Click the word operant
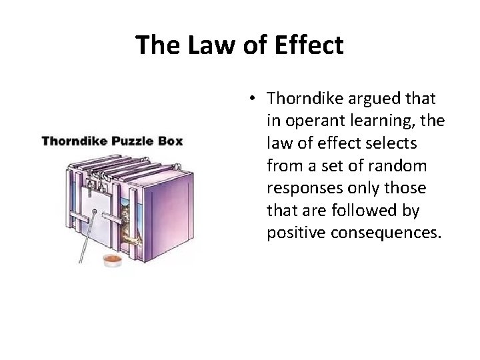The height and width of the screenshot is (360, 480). point(311,120)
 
